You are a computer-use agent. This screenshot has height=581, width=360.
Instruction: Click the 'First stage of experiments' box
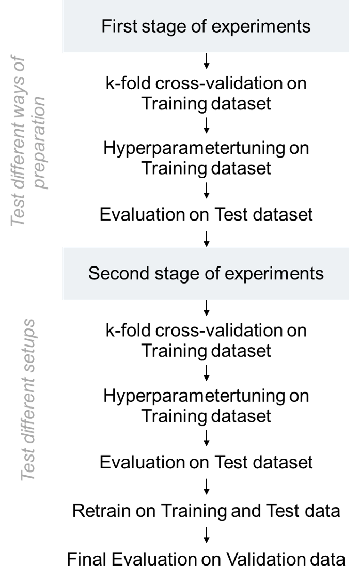click(x=206, y=26)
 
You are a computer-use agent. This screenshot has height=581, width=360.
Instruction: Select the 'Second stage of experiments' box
click(x=206, y=273)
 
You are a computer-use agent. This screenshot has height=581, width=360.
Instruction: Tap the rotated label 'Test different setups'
click(x=29, y=400)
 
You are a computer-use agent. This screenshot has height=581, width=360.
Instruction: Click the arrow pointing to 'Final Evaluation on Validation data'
click(x=207, y=535)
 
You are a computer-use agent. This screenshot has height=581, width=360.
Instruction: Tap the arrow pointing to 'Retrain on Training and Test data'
click(x=207, y=486)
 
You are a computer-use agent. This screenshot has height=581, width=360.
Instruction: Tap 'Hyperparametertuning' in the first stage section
click(x=194, y=149)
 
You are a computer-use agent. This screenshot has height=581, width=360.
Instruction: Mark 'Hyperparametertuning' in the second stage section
click(x=194, y=396)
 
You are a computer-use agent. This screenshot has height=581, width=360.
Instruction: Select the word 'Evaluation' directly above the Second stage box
click(x=135, y=214)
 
